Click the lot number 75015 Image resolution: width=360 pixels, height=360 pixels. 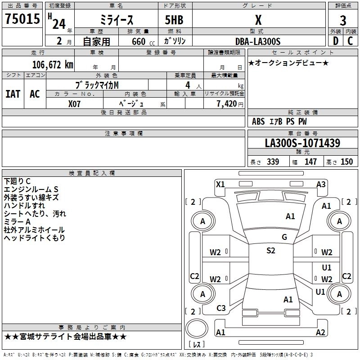[22, 19]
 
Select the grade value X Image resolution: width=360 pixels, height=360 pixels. [258, 20]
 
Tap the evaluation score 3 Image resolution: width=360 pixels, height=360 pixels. [343, 20]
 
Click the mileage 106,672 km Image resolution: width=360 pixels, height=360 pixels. [53, 65]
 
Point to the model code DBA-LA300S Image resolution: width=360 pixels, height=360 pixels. [258, 42]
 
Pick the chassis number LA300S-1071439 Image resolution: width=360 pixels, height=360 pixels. [302, 144]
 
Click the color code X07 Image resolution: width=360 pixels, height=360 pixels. [75, 103]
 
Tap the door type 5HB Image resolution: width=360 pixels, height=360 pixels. [171, 20]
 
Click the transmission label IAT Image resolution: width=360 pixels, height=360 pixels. [13, 94]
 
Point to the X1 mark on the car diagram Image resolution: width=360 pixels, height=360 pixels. [220, 184]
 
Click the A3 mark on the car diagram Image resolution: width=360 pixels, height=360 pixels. [321, 184]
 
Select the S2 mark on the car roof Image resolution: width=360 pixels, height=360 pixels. [270, 251]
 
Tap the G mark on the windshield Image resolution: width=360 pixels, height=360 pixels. [284, 237]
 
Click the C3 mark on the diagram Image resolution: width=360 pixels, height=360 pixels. [221, 308]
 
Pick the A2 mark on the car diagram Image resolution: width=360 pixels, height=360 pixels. [320, 333]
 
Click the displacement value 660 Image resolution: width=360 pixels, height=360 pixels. [139, 42]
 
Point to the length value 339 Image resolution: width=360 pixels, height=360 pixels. [272, 162]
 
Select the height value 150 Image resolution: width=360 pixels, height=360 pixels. [346, 162]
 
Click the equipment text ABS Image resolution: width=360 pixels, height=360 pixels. [258, 121]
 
